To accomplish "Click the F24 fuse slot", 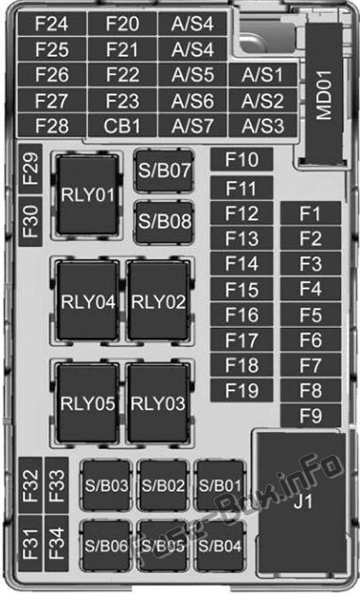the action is (x=52, y=24).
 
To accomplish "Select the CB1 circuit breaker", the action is (x=122, y=126).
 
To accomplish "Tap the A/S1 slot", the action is (x=262, y=75).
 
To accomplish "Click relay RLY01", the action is (x=87, y=195).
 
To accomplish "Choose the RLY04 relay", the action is (x=87, y=301).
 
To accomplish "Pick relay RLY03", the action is (x=158, y=403).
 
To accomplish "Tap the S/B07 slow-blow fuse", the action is (x=164, y=171).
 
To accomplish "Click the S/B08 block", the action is (x=164, y=222).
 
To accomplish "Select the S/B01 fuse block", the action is (x=220, y=485).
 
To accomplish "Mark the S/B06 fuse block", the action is (x=106, y=546).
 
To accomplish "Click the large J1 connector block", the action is (x=301, y=502).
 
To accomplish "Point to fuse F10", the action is (x=242, y=159).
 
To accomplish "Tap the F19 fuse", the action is (x=242, y=390).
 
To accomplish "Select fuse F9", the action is (x=311, y=416).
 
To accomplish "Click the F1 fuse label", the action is (x=311, y=214).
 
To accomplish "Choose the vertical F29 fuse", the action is (x=30, y=169).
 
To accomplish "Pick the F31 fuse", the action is (x=30, y=544).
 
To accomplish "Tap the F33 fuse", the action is (x=57, y=486).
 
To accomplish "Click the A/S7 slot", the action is (x=192, y=126).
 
